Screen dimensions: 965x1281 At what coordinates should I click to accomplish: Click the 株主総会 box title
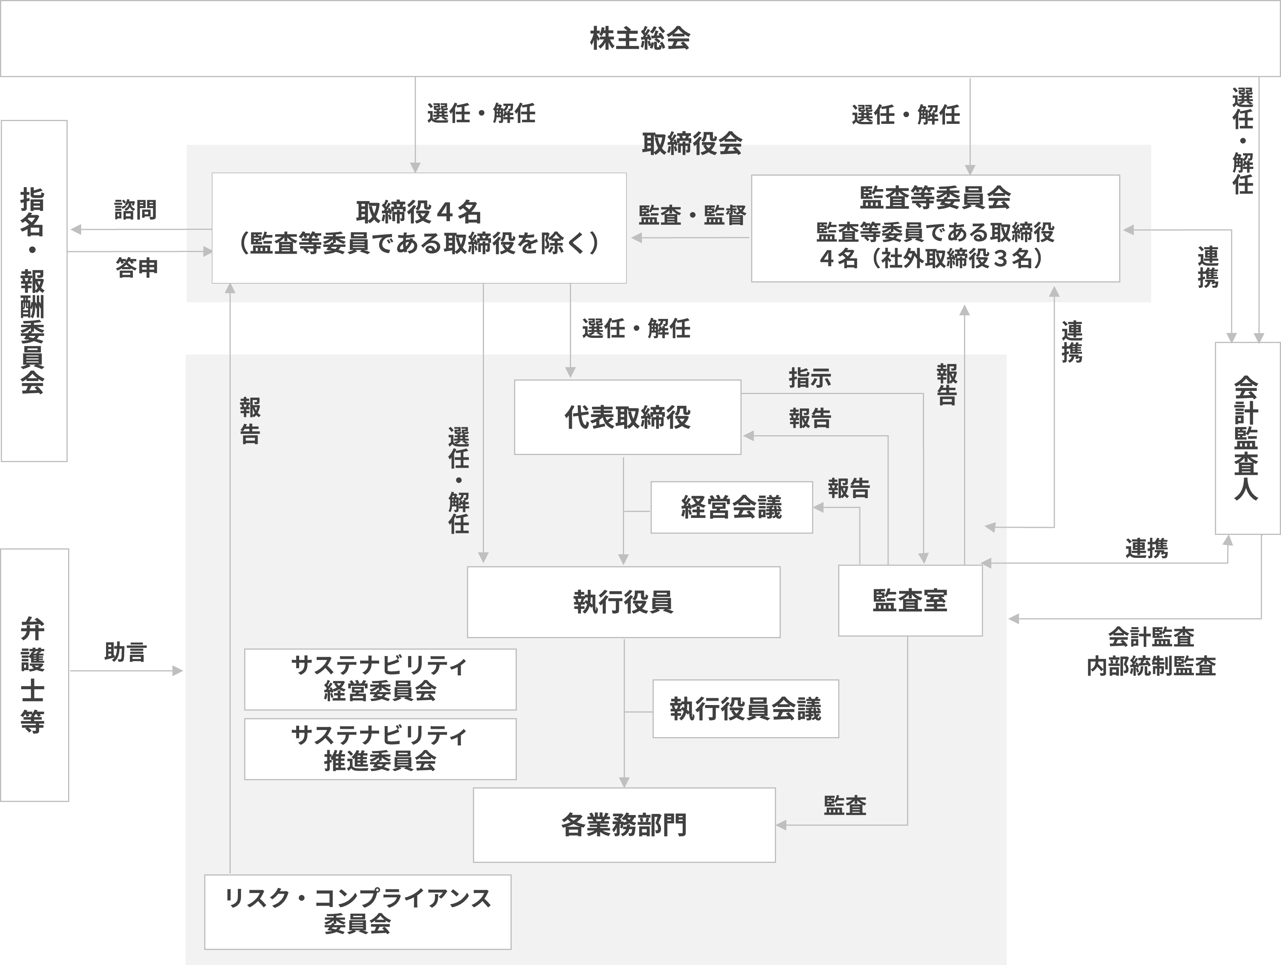coord(640,39)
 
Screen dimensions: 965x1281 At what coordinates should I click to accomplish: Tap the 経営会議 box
coord(731,507)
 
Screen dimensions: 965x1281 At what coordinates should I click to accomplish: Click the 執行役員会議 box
coord(745,709)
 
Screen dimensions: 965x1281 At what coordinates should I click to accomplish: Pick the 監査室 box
coord(910,600)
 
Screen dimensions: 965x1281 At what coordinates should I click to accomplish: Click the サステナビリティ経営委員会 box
coord(380,679)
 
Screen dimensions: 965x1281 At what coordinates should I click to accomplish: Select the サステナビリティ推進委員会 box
coord(380,749)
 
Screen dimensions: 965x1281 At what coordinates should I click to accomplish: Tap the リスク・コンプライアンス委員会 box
coord(357,912)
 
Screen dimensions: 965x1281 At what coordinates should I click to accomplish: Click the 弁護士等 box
coord(34,675)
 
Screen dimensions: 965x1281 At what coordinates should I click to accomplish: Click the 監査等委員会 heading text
coord(935,198)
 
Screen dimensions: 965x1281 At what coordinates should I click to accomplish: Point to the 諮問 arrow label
coord(135,210)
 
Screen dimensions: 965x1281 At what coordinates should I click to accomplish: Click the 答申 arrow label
coord(137,267)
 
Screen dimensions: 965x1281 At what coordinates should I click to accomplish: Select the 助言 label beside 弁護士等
coord(126,652)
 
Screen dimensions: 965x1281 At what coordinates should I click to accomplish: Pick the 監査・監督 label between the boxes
coord(692,215)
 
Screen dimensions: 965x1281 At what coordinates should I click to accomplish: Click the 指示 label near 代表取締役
coord(810,378)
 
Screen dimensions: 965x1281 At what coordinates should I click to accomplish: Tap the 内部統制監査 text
coord(1151,666)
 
